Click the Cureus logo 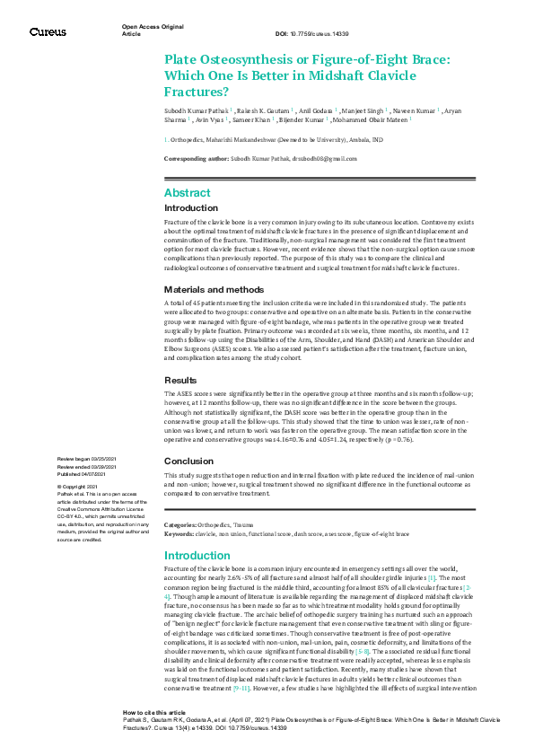click(x=48, y=31)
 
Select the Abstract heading click(x=188, y=193)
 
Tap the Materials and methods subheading click(x=214, y=265)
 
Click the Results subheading click(x=182, y=380)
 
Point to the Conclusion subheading click(x=190, y=462)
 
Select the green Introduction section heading click(x=197, y=556)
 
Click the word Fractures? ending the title click(x=197, y=92)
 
